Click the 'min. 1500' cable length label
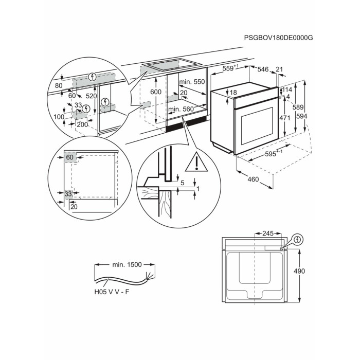tap(127, 264)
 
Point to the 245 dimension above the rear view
tap(268, 233)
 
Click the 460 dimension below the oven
tap(253, 180)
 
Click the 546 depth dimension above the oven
tap(263, 69)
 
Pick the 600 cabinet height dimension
tap(155, 92)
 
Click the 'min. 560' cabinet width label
tap(181, 109)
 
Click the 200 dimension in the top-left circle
tap(82, 125)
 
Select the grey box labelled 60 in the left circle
tap(70, 156)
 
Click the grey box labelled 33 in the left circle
tap(68, 194)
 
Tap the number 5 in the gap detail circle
tap(182, 183)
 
